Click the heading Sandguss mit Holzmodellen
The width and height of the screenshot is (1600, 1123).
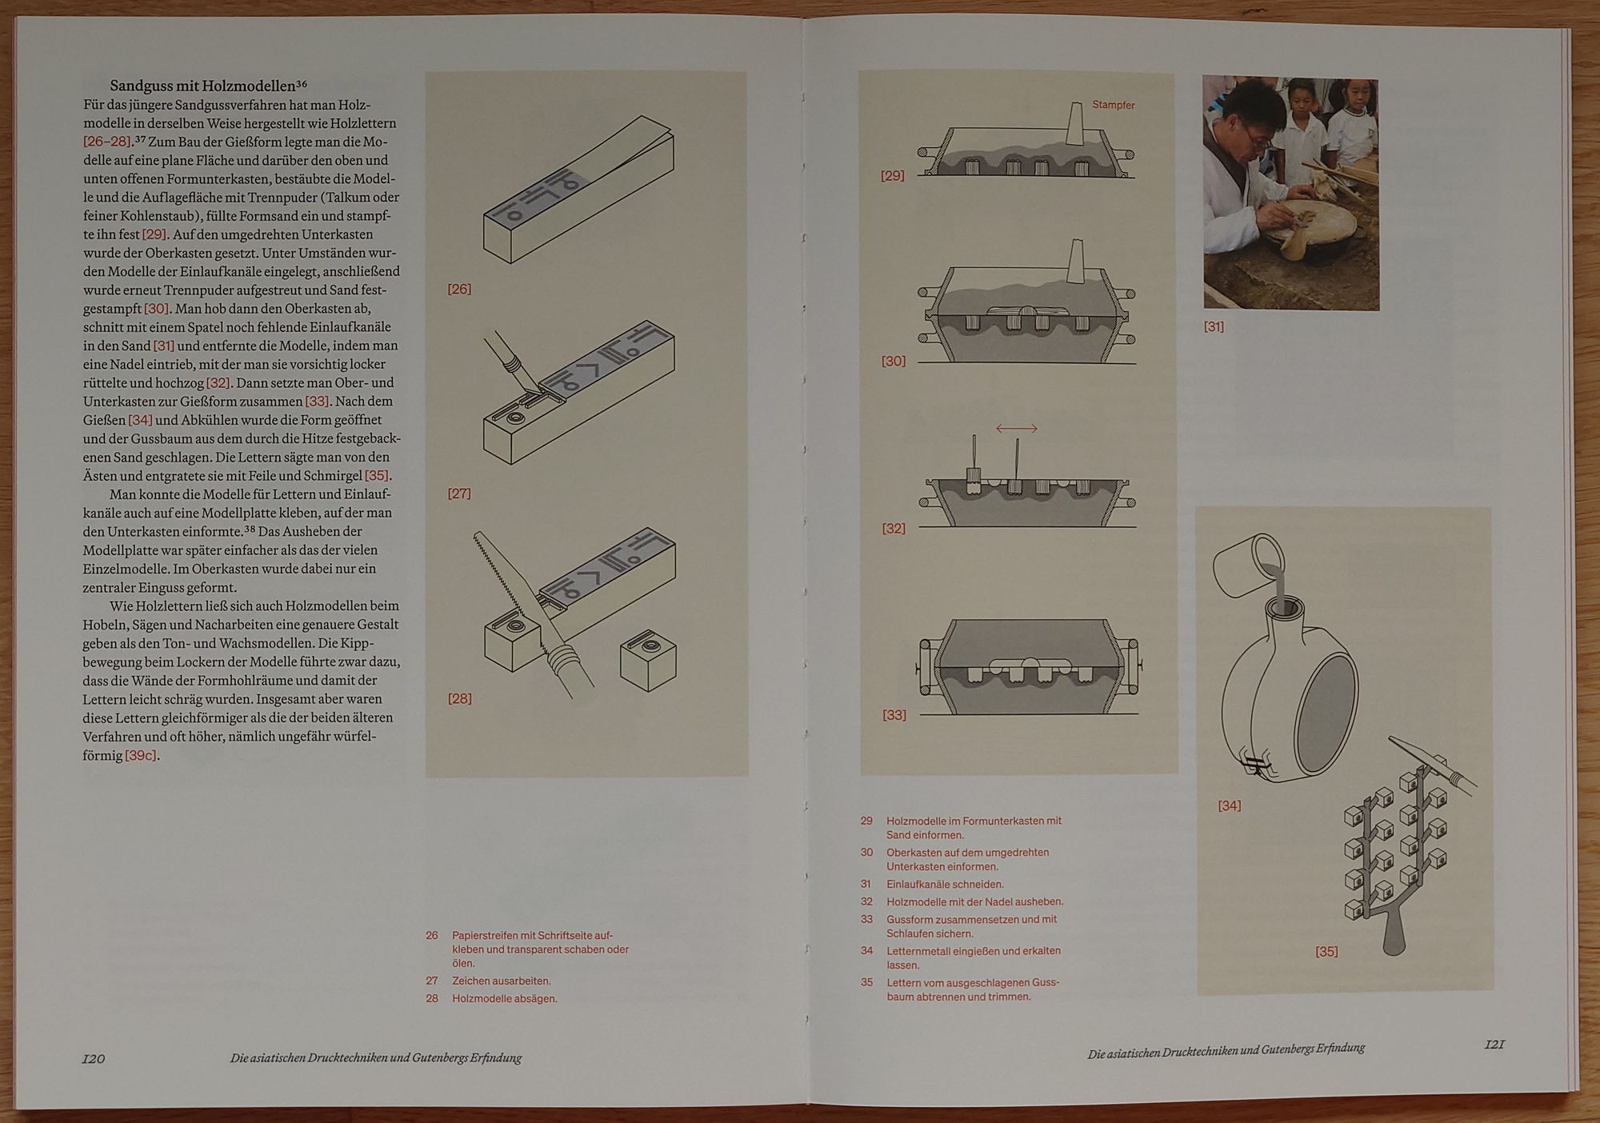pyautogui.click(x=203, y=86)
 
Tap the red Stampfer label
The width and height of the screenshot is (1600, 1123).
pyautogui.click(x=1113, y=105)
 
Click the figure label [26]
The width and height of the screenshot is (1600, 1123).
pyautogui.click(x=459, y=289)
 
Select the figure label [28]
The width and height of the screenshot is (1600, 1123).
pyautogui.click(x=459, y=698)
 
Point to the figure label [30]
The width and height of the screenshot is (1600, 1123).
pyautogui.click(x=894, y=361)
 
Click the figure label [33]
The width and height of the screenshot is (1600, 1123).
pyautogui.click(x=894, y=715)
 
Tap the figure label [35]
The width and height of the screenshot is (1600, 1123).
pyautogui.click(x=1326, y=951)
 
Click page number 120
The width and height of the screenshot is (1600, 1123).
pyautogui.click(x=94, y=1058)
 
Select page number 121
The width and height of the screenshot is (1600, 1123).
pyautogui.click(x=1494, y=1044)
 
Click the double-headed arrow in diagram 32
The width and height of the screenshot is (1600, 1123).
pyautogui.click(x=1016, y=429)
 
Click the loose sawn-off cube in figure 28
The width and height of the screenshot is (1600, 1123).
pyautogui.click(x=648, y=662)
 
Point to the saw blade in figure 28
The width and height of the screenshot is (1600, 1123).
pyautogui.click(x=506, y=581)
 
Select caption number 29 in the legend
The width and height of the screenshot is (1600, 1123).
pyautogui.click(x=866, y=821)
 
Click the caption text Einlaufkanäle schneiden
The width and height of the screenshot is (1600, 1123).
pyautogui.click(x=945, y=884)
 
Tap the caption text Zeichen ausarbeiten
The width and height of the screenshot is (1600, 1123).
pyautogui.click(x=502, y=981)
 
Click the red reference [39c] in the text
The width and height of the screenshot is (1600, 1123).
pyautogui.click(x=142, y=755)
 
